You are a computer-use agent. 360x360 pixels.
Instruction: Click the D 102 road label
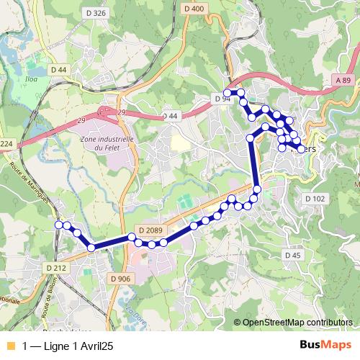(x=315, y=198)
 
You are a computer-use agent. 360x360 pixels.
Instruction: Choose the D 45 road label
(x=292, y=255)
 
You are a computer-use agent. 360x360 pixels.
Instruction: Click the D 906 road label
(x=121, y=278)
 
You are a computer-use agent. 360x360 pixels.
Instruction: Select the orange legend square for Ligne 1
(x=10, y=346)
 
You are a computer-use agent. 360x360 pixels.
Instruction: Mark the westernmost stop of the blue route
(x=58, y=225)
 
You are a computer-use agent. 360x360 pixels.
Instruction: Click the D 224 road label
(x=6, y=144)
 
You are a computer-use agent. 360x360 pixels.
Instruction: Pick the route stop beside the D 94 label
(x=227, y=94)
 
